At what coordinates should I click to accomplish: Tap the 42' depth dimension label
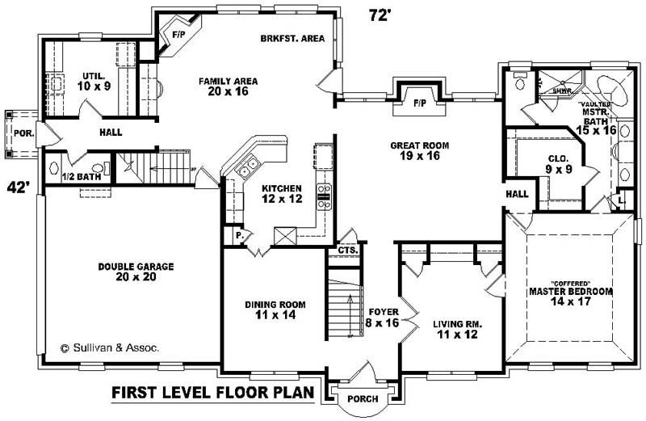coord(18,187)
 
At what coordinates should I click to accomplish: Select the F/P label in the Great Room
coord(419,104)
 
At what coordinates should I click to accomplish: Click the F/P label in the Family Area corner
coord(178,35)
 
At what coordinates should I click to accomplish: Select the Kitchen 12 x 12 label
coord(281,193)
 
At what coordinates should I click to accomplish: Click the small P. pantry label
coord(240,236)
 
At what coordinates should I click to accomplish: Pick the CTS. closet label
coord(348,250)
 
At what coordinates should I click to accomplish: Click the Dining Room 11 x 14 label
coord(275,309)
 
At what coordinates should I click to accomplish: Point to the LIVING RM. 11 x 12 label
coord(456,328)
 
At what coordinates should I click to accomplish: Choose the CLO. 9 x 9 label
coord(559,164)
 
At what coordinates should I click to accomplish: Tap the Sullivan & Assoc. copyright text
coord(110,347)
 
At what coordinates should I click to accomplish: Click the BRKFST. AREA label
coord(292,38)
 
